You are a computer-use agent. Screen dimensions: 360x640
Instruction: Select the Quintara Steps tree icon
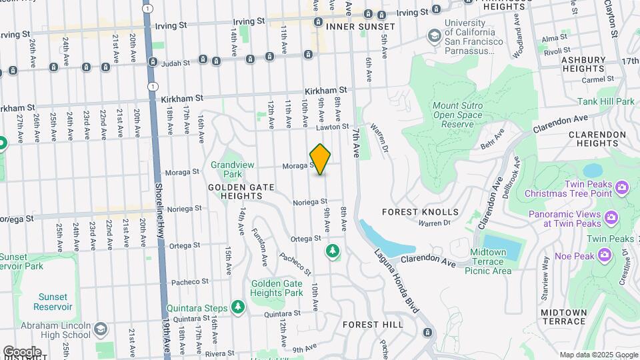pos(238,307)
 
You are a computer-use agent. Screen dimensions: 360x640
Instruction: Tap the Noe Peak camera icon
pos(605,254)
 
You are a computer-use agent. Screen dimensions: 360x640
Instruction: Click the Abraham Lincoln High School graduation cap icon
pos(100,329)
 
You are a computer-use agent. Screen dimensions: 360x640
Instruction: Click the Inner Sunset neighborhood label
pos(361,26)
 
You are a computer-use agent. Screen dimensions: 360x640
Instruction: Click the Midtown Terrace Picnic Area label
pos(491,261)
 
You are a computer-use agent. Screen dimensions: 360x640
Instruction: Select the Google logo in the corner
pos(22,351)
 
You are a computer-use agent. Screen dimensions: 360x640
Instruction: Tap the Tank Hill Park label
pos(606,101)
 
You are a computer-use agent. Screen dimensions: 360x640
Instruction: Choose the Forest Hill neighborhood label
pos(373,325)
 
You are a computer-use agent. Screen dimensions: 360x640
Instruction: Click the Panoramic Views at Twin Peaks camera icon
pos(610,217)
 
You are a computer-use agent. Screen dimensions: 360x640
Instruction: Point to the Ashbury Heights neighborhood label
pos(582,64)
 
